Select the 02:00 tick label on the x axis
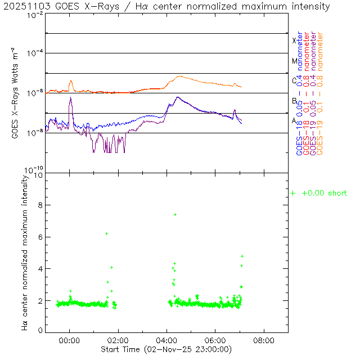(118, 340)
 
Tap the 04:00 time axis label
(167, 340)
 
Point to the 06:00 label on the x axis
(215, 340)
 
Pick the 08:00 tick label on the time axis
(264, 340)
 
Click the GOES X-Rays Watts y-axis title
(16, 93)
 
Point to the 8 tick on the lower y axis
(40, 206)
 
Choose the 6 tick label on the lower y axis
(40, 237)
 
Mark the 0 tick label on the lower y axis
(40, 330)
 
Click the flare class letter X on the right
(294, 40)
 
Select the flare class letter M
(294, 61)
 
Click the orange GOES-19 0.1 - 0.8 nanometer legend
(320, 94)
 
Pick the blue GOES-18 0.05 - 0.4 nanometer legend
(299, 94)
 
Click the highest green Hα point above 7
(175, 214)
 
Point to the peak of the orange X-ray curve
(179, 76)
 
